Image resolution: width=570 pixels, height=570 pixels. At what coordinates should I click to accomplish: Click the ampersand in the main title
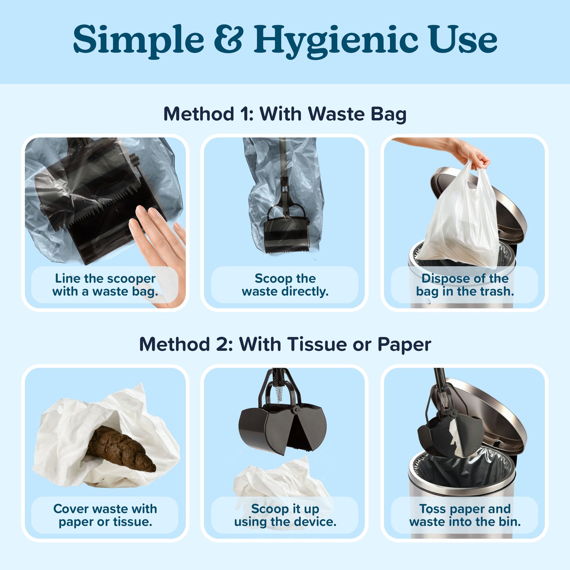click(228, 39)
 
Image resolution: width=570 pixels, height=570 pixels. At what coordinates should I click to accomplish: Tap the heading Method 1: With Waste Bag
click(285, 114)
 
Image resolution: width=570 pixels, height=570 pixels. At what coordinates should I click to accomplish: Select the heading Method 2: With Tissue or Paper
click(285, 345)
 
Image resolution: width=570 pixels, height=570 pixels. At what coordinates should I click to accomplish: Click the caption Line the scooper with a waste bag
click(105, 285)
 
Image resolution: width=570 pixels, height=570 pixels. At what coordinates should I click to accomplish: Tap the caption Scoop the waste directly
click(285, 285)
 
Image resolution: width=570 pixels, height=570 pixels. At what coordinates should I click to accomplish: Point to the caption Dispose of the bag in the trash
click(465, 285)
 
